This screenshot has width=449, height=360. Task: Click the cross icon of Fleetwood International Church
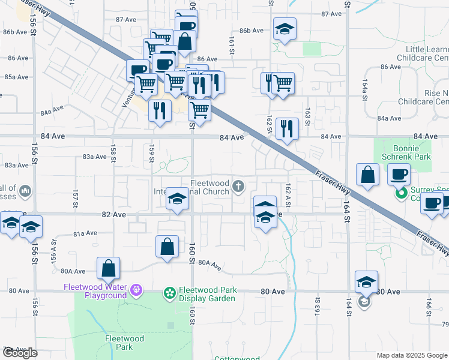(238, 186)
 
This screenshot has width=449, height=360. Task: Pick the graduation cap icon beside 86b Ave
(284, 29)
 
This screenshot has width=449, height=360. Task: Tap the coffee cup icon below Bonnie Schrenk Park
(399, 175)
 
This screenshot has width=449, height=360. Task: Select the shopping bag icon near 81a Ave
(167, 246)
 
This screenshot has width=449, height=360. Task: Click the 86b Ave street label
(252, 31)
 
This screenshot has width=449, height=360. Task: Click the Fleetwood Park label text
(124, 343)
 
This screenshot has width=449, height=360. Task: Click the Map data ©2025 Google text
(412, 355)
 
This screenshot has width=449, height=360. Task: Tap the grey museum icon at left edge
(25, 191)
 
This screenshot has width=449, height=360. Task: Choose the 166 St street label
(429, 305)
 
